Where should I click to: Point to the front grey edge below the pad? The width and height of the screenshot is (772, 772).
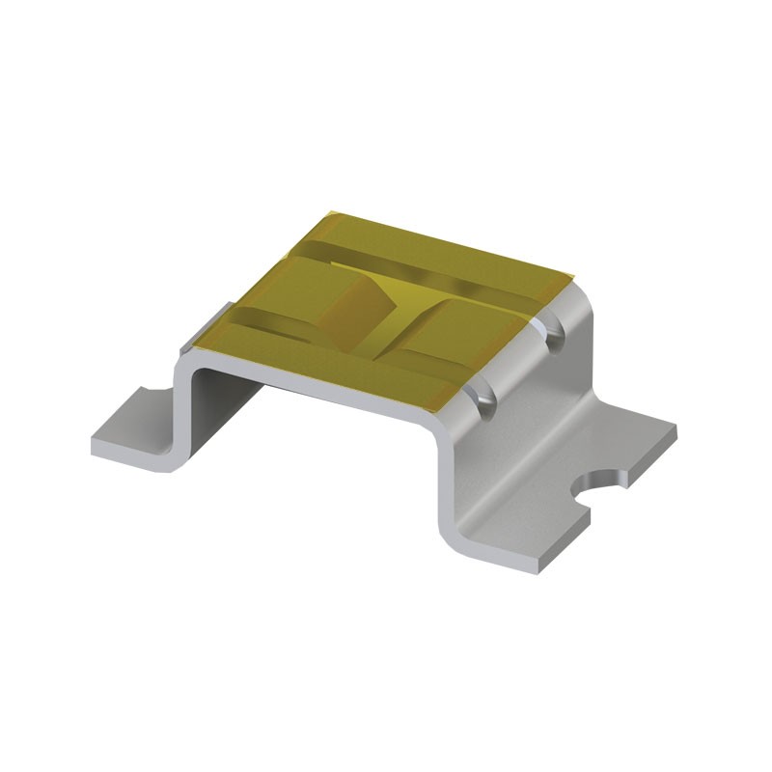[318, 386]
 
